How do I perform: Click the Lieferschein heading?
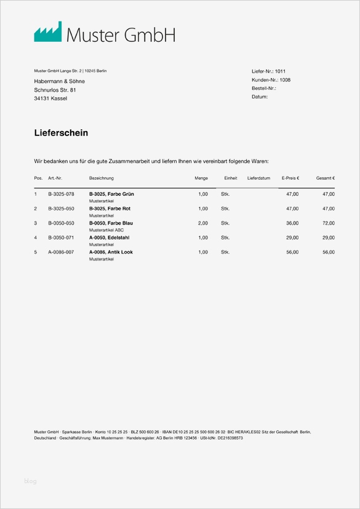pos(61,133)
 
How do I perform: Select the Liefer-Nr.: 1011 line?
pos(268,71)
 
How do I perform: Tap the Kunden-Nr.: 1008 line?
pos(271,80)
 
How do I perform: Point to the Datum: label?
pos(260,97)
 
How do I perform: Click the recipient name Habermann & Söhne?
pos(59,81)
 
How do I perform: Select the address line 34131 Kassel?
pos(50,98)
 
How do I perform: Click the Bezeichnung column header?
pos(102,178)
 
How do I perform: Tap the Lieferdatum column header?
pos(258,178)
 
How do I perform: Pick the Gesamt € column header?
pos(326,178)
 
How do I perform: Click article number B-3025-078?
pos(61,194)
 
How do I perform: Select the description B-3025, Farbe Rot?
pos(110,209)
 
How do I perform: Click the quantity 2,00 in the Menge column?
pos(202,223)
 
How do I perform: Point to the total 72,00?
pos(329,223)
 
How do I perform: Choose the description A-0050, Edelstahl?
pos(109,238)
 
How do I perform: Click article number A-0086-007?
pos(61,252)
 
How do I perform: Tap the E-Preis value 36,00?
pos(292,223)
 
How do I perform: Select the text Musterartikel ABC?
pos(106,230)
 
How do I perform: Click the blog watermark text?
pos(30,481)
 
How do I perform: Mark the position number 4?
pos(36,238)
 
